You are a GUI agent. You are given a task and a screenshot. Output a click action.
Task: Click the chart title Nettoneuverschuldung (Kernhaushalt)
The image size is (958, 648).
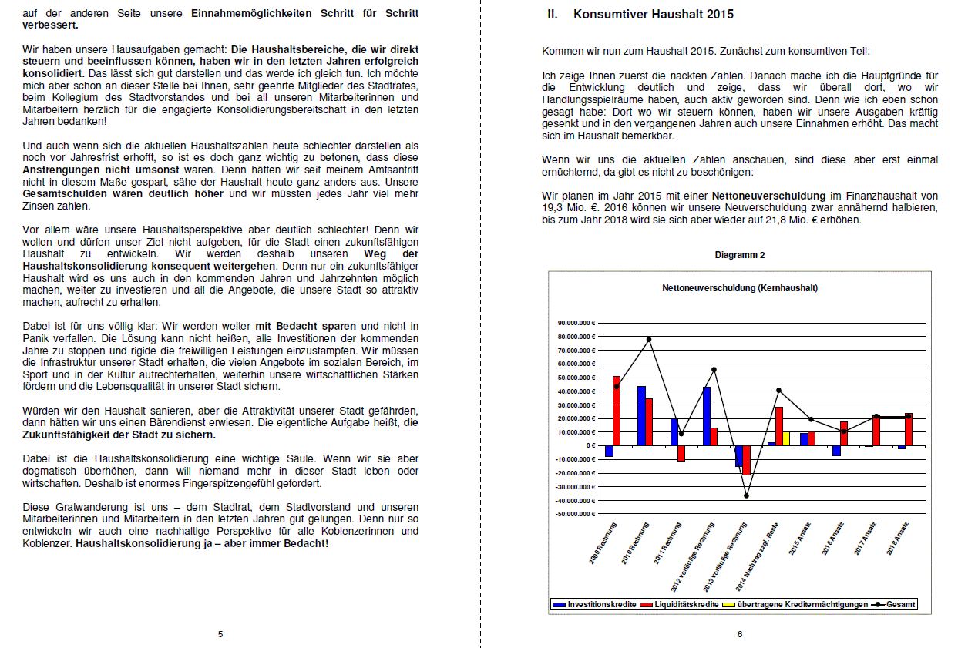(739, 288)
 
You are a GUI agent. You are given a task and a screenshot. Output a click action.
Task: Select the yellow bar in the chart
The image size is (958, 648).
(786, 438)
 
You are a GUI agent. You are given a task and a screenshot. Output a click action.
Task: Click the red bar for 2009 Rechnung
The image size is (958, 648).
(617, 411)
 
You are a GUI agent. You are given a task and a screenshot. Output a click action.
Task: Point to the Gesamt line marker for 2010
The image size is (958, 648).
(649, 340)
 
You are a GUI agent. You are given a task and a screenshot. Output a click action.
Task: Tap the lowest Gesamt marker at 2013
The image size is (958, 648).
(746, 495)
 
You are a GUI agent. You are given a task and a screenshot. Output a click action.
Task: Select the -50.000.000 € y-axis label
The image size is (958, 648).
(573, 513)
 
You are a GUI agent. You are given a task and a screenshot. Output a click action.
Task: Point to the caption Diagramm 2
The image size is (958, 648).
(739, 255)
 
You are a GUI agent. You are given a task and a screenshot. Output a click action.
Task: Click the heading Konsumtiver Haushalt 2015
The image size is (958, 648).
(654, 15)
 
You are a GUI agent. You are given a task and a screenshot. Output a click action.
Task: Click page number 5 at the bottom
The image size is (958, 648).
(220, 634)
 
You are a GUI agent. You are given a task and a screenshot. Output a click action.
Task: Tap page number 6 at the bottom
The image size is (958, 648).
(739, 634)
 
